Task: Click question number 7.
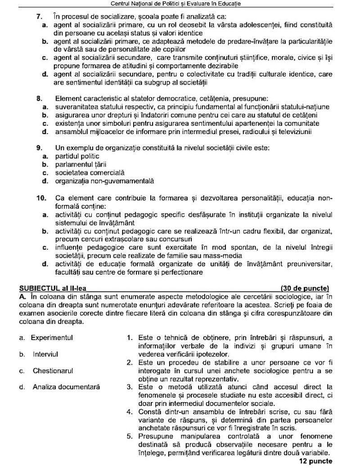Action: pyautogui.click(x=39, y=17)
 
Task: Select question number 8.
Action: pyautogui.click(x=39, y=98)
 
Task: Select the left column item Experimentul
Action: pyautogui.click(x=52, y=337)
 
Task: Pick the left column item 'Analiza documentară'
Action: pyautogui.click(x=66, y=387)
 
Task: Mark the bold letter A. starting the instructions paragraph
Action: pyautogui.click(x=22, y=296)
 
